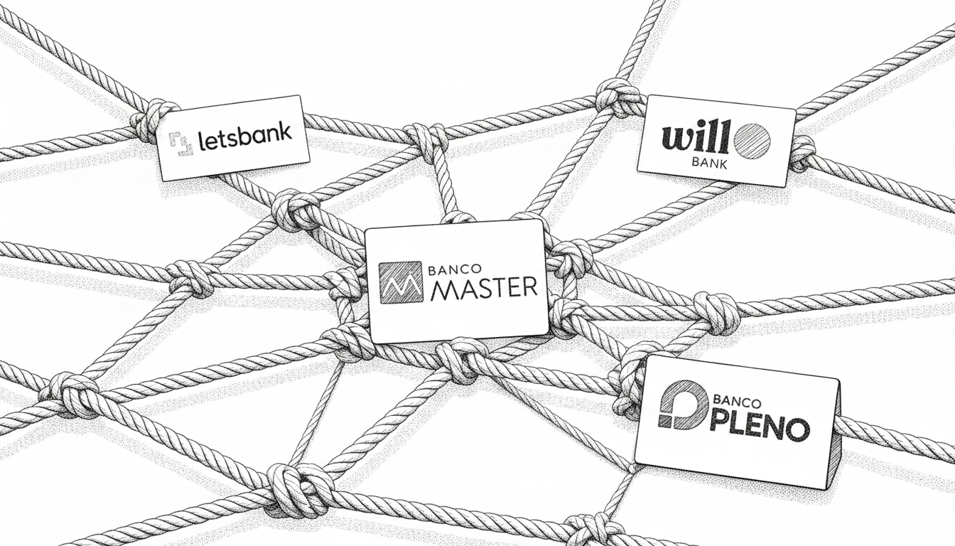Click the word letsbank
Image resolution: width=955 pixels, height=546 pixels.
(245, 138)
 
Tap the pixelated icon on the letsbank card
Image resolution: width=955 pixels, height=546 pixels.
(181, 143)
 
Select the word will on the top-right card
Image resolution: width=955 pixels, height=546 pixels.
(695, 139)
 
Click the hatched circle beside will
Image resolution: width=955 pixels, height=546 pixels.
(751, 141)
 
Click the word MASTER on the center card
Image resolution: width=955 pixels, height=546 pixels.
(483, 288)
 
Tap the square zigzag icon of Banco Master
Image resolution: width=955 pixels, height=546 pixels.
(401, 282)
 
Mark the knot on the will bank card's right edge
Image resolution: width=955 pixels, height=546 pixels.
(802, 152)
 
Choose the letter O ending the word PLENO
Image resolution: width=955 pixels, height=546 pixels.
(798, 429)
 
